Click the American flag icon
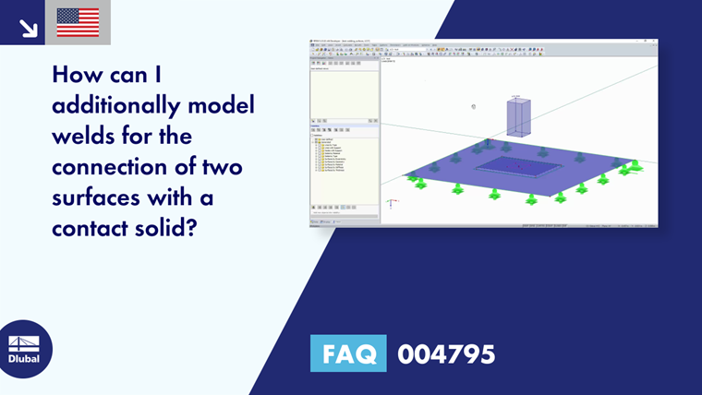click(x=78, y=22)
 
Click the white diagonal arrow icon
click(x=28, y=27)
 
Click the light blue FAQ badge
click(x=348, y=353)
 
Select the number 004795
click(x=446, y=353)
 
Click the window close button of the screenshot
click(x=653, y=41)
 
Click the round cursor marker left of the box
click(x=473, y=106)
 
